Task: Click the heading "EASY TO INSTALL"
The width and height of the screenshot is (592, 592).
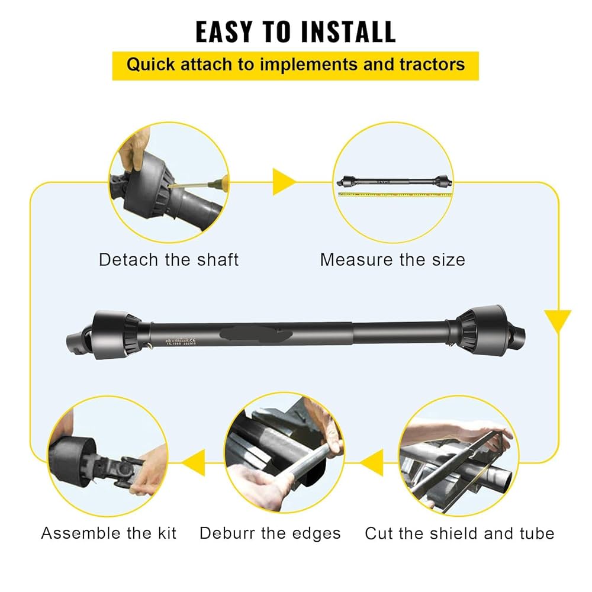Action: click(x=295, y=33)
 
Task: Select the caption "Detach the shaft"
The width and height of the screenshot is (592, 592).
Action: click(x=169, y=260)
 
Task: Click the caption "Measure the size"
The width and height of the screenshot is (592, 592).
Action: click(x=392, y=260)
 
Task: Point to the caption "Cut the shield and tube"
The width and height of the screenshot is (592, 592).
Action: click(x=459, y=533)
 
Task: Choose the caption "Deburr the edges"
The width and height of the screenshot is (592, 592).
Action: click(x=270, y=533)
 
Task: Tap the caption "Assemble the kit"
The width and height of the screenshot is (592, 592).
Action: click(x=109, y=533)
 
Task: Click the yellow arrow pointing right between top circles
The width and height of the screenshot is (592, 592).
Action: click(x=284, y=182)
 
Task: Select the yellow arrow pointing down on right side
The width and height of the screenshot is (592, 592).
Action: click(x=557, y=320)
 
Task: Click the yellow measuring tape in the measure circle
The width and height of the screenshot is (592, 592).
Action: click(x=394, y=194)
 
